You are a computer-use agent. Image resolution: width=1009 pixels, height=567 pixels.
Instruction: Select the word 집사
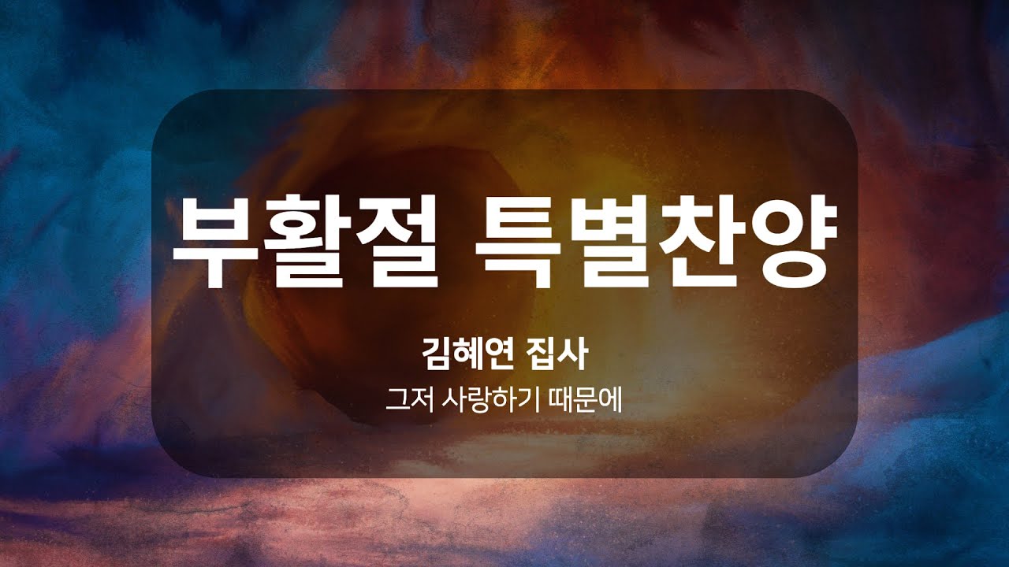(557, 354)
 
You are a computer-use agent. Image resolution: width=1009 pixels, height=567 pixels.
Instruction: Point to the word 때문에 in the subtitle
(586, 401)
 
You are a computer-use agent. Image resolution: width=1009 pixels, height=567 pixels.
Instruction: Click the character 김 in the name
(437, 354)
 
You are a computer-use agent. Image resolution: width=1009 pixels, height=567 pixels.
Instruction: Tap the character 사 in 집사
(573, 354)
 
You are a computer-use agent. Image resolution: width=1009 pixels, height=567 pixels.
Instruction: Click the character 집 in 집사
(542, 354)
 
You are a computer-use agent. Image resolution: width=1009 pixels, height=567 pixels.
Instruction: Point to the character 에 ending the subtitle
(610, 401)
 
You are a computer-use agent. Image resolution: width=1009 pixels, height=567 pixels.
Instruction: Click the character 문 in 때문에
(586, 401)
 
